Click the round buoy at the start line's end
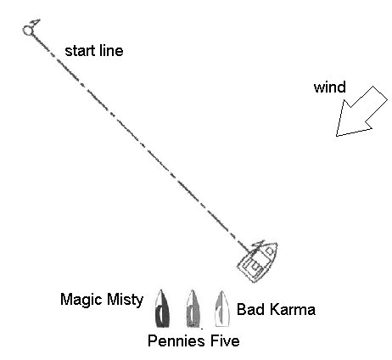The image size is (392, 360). [28, 31]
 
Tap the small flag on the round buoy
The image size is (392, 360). [36, 22]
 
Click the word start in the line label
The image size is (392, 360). [81, 51]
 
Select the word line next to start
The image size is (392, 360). [111, 51]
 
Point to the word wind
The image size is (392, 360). [330, 87]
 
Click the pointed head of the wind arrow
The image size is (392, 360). [337, 135]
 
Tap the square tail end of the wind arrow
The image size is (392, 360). [380, 93]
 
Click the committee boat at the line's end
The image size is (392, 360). [258, 262]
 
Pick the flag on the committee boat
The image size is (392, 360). [259, 245]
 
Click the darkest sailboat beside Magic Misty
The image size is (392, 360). [162, 308]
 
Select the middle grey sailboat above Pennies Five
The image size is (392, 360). [193, 308]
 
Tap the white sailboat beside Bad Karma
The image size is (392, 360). [222, 308]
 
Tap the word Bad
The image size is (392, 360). [249, 309]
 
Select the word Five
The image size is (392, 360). [225, 340]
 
